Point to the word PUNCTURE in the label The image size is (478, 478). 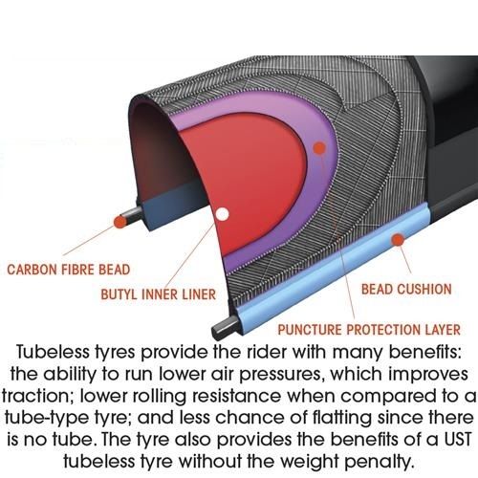pyautogui.click(x=310, y=330)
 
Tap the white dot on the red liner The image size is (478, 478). pyautogui.click(x=223, y=214)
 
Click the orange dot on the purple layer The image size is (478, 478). pyautogui.click(x=319, y=148)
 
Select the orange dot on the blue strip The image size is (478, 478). pyautogui.click(x=398, y=240)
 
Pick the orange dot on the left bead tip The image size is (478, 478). pyautogui.click(x=120, y=222)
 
